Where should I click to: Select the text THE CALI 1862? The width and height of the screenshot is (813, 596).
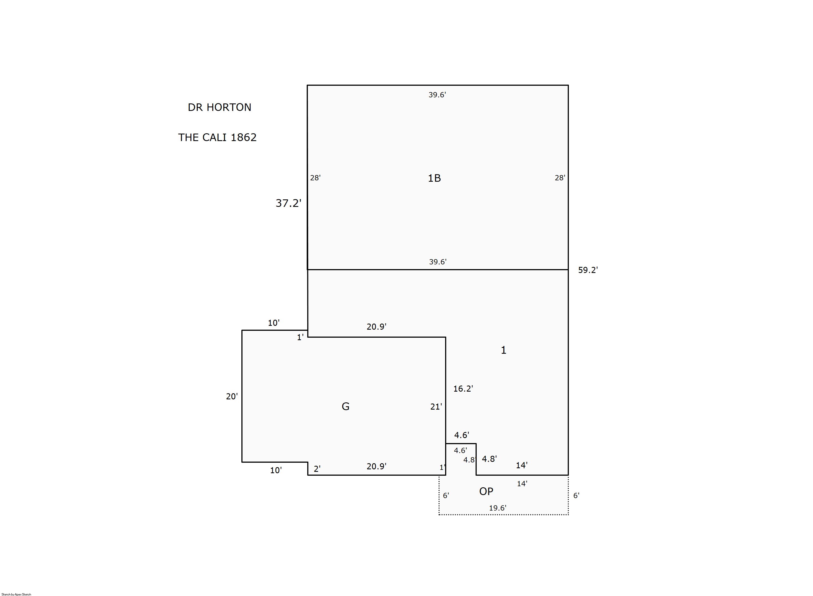[217, 137]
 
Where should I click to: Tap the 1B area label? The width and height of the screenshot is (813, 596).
[434, 178]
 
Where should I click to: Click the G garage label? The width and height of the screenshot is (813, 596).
[345, 407]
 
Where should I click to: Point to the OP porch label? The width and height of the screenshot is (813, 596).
[486, 491]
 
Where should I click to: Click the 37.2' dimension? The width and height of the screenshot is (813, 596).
[288, 203]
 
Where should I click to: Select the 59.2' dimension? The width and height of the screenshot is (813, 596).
[588, 270]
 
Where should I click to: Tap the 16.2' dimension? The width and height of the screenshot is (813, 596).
[463, 389]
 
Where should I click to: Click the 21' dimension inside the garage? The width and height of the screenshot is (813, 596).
[436, 407]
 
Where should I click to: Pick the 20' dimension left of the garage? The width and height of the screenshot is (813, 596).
[232, 397]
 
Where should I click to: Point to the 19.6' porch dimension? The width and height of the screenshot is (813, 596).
[498, 508]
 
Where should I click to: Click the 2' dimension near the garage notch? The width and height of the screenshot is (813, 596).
[317, 469]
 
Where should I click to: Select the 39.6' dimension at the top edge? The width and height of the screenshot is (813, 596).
[437, 95]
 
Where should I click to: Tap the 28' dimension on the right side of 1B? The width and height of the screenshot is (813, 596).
[560, 178]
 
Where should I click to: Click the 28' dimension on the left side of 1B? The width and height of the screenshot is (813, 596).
[315, 178]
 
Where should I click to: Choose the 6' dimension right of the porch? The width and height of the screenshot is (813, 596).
[576, 496]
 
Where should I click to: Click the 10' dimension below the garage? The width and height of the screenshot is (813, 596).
[276, 470]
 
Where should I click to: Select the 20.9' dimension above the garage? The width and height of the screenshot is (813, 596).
[376, 327]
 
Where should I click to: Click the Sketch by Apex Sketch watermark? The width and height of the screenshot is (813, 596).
[16, 594]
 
